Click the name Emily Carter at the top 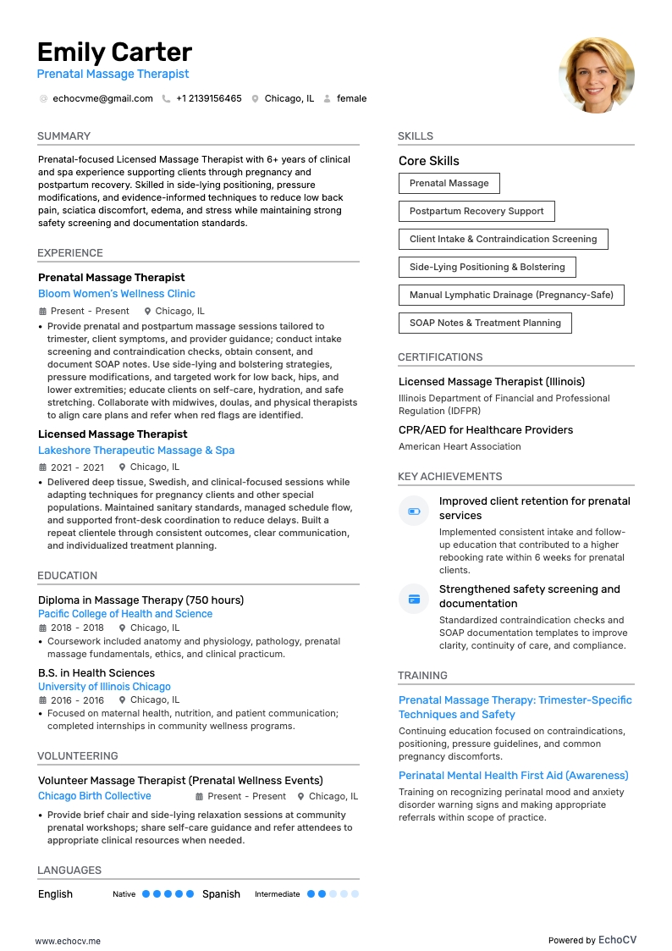point(114,53)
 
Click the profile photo point(597,75)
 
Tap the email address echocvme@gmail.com point(102,98)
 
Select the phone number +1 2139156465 point(208,98)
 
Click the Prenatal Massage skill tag point(449,183)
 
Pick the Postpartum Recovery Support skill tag point(476,211)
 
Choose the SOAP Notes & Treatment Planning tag point(485,323)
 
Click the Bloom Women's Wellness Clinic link point(117,294)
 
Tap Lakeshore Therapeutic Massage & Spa point(136,451)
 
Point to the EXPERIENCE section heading point(70,253)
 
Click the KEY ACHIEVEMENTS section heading point(450,477)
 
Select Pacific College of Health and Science point(125,614)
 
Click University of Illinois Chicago point(104,687)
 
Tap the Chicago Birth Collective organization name point(95,796)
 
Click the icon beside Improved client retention point(414,511)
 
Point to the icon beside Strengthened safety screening point(414,599)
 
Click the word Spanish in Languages point(221,894)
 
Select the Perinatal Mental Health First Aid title point(513,776)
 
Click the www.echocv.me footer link point(68,941)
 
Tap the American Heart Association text point(460,446)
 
